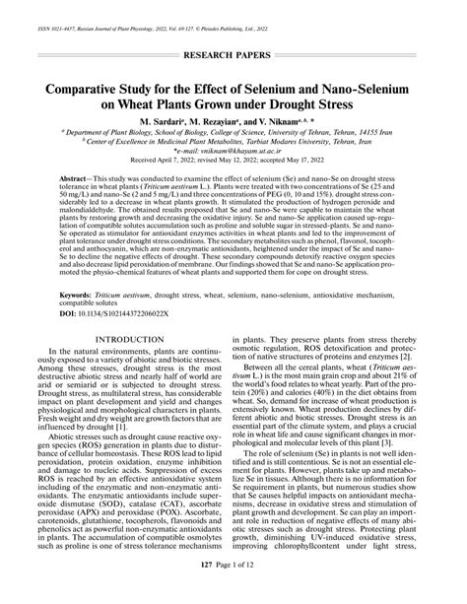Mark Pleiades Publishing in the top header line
click(x=346, y=10)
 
